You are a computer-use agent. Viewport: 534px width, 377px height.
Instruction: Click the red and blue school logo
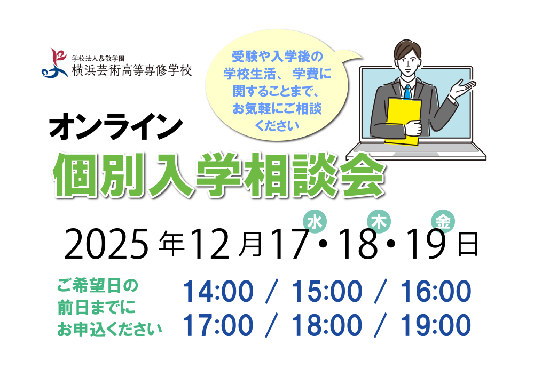tap(55, 63)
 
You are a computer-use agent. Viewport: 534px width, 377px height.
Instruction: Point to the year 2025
tap(105, 245)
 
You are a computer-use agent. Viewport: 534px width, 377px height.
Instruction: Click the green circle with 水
tap(315, 222)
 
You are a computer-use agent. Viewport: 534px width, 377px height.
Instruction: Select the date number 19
tap(426, 245)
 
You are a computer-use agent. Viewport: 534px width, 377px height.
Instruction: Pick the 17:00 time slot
tap(218, 325)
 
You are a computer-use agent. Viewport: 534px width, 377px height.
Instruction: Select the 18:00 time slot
tap(327, 325)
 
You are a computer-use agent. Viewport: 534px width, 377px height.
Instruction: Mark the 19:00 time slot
tap(436, 325)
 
